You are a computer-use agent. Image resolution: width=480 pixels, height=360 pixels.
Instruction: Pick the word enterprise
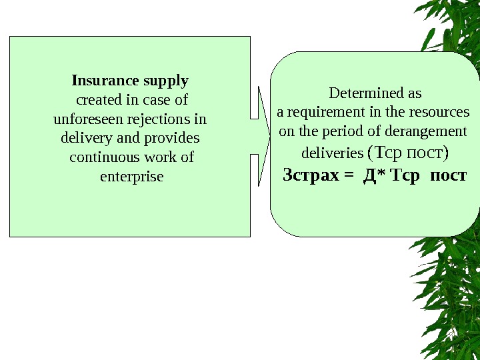(x=131, y=177)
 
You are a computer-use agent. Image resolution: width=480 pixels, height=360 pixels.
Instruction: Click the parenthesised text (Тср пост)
(x=408, y=153)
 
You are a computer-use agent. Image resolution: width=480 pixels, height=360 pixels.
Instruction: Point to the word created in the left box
(x=99, y=101)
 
